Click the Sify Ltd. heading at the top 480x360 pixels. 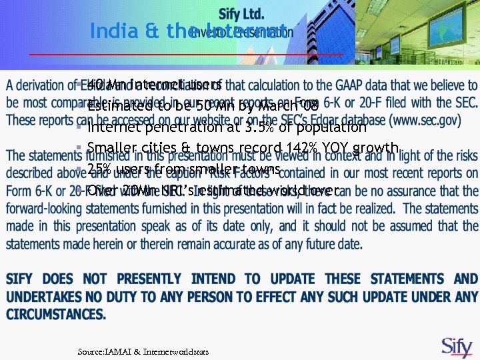tap(241, 13)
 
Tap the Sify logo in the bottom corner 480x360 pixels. tap(457, 346)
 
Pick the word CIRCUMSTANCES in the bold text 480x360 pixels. tap(56, 313)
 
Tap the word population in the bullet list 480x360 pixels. tap(332, 127)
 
